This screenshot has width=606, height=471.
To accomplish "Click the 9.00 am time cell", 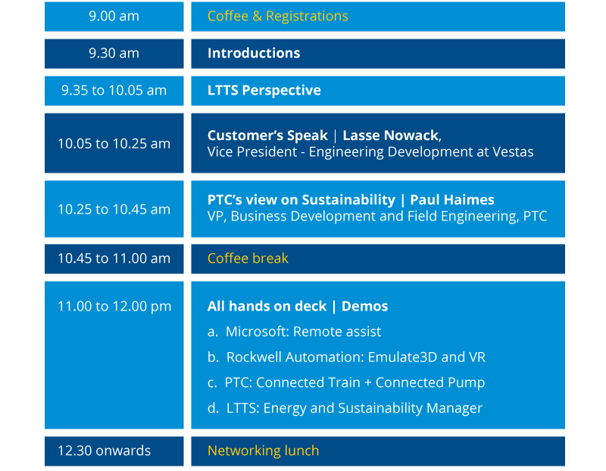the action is tap(114, 16).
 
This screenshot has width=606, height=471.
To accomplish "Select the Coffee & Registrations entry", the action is tap(277, 16).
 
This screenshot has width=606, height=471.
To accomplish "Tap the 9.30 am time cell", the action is tap(114, 53).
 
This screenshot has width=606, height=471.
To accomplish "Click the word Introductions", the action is tap(254, 53).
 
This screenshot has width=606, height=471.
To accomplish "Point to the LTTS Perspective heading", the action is tap(264, 90).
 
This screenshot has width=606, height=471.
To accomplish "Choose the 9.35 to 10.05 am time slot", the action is tap(114, 90).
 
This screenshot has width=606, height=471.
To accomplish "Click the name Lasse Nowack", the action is tap(391, 136).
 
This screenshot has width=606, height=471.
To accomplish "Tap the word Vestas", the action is tap(513, 152).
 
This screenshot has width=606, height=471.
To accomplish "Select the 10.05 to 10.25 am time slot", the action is tap(114, 144).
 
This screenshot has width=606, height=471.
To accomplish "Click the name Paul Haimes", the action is tap(452, 200).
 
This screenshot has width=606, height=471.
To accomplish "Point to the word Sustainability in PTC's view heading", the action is tap(348, 200).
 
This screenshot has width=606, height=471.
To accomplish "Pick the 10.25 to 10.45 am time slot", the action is tap(114, 210).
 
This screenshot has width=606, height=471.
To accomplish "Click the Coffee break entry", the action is tap(248, 258).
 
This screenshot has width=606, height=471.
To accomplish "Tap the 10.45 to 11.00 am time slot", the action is tap(114, 258).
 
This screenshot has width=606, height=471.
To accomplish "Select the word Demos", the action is tap(364, 307).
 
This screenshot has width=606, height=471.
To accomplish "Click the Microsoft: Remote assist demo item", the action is tap(294, 332).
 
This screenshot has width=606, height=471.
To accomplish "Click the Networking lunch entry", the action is tap(263, 451).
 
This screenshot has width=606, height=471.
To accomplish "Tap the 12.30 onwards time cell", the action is tap(105, 451).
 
